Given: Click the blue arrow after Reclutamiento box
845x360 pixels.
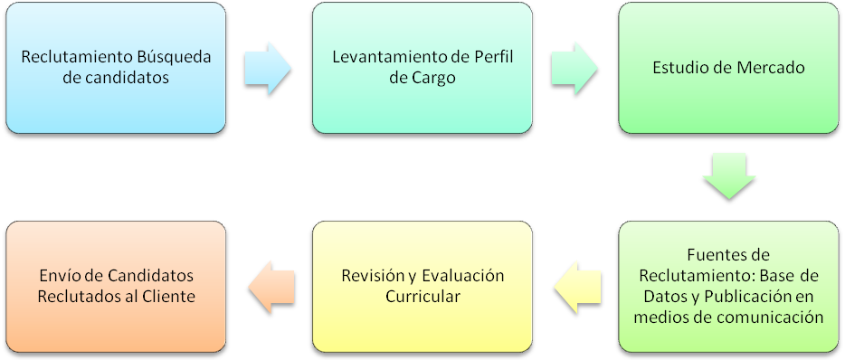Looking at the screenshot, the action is (268, 69).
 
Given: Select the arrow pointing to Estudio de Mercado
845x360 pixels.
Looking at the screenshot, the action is (574, 69).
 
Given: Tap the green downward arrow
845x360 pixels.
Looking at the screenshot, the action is (729, 176).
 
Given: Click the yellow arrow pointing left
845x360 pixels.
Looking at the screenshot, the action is (578, 288).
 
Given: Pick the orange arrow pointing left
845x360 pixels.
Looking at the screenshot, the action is (271, 288).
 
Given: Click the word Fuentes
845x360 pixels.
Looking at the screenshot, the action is (711, 254).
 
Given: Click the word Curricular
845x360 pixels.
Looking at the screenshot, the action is (422, 297).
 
